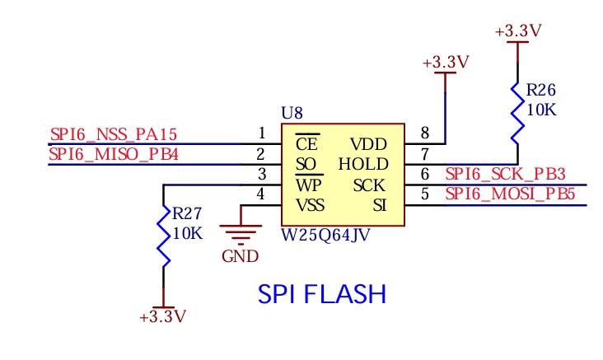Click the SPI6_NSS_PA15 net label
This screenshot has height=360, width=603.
pyautogui.click(x=114, y=134)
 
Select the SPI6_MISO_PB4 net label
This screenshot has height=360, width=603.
pyautogui.click(x=114, y=155)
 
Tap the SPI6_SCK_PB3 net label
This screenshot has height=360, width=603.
pyautogui.click(x=505, y=174)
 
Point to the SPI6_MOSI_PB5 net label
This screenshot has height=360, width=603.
pyautogui.click(x=510, y=194)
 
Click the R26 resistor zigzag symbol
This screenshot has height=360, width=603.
pyautogui.click(x=517, y=114)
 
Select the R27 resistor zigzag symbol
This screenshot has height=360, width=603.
pyautogui.click(x=163, y=236)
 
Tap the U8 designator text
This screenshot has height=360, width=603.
pyautogui.click(x=292, y=113)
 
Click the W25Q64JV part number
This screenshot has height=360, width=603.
pyautogui.click(x=325, y=235)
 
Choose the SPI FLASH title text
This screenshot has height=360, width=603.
pyautogui.click(x=322, y=294)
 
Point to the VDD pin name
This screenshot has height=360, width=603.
pyautogui.click(x=368, y=145)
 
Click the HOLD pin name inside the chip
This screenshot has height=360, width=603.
pyautogui.click(x=363, y=164)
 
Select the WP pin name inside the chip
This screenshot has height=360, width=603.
pyautogui.click(x=308, y=185)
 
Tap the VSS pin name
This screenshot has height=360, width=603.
pyautogui.click(x=310, y=205)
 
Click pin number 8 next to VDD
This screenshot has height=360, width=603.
pyautogui.click(x=424, y=133)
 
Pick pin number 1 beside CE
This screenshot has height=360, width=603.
pyautogui.click(x=262, y=133)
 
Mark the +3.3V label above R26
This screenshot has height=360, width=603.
pyautogui.click(x=518, y=30)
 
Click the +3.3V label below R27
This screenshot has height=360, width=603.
pyautogui.click(x=162, y=317)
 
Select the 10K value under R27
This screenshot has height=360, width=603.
pyautogui.click(x=187, y=233)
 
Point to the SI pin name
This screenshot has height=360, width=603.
pyautogui.click(x=379, y=205)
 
